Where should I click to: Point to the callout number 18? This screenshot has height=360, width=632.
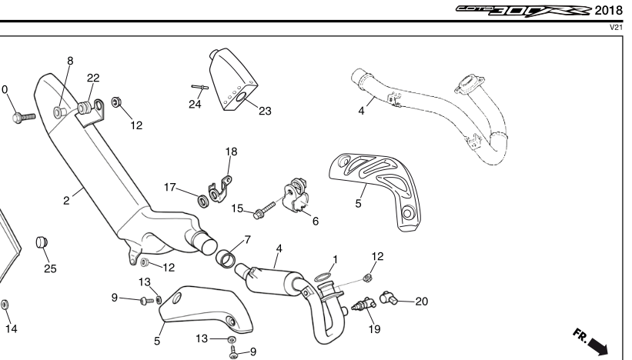tap(231, 152)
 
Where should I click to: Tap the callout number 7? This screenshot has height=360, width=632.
tap(246, 240)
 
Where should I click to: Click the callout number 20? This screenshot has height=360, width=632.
tap(421, 301)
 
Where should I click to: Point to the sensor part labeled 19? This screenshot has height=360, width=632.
tap(359, 306)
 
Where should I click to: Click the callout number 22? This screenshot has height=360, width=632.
tap(93, 78)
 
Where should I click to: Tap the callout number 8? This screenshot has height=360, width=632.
tap(70, 61)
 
